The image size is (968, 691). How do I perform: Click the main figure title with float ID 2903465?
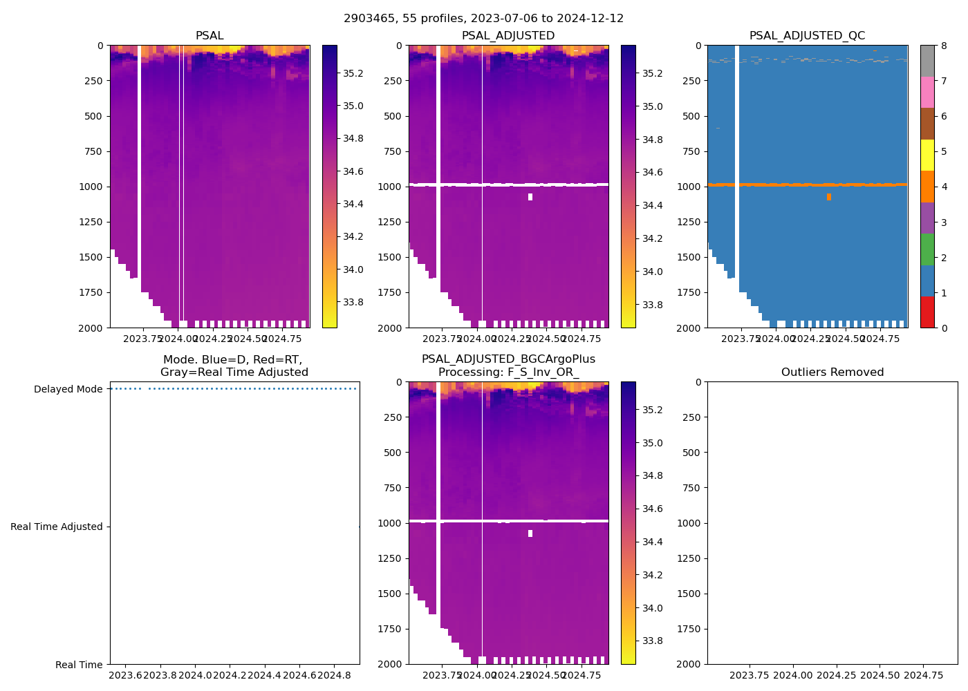[483, 19]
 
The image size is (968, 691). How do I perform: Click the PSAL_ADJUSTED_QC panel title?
[807, 36]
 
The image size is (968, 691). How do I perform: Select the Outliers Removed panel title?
[832, 372]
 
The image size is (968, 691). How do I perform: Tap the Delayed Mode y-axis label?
[68, 389]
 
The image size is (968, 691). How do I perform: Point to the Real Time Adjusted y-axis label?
[56, 527]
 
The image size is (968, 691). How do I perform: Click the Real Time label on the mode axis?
[79, 665]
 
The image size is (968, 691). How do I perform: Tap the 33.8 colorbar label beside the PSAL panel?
[353, 302]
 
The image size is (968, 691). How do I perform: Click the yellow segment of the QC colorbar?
[927, 155]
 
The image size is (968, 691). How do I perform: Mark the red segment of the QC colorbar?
[927, 312]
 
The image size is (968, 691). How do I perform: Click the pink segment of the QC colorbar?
[927, 92]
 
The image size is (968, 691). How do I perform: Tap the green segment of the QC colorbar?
[927, 249]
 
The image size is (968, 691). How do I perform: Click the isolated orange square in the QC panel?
[828, 197]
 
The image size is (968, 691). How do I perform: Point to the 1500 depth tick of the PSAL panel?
[92, 257]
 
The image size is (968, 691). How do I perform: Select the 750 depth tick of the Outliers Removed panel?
[692, 488]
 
